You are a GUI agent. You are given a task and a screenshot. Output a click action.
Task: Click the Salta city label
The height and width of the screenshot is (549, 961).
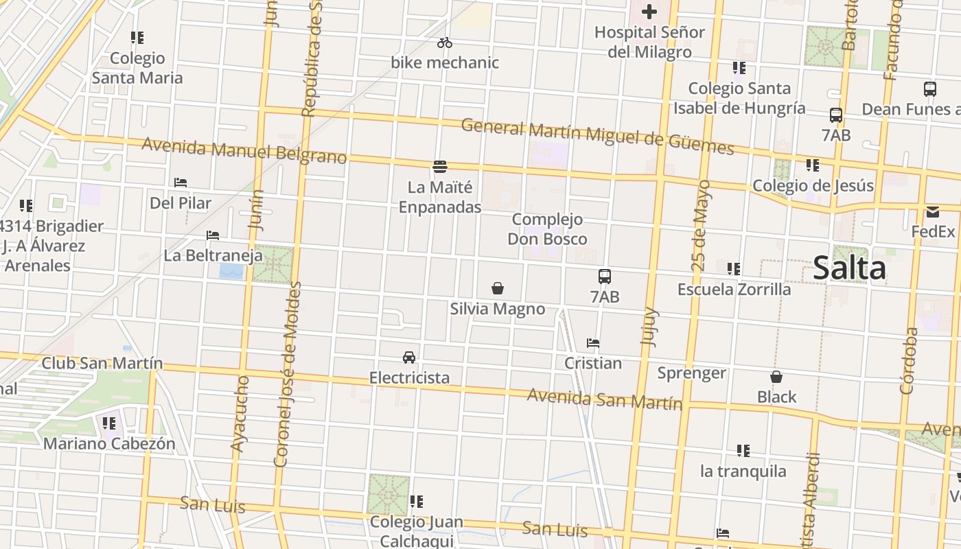(849, 268)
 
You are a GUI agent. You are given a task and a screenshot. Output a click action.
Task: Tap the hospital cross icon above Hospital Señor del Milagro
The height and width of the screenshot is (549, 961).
(649, 12)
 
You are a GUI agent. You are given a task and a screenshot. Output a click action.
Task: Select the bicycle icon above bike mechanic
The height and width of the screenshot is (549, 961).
(445, 43)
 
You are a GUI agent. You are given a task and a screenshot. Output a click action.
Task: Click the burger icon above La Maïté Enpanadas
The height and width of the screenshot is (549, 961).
(440, 167)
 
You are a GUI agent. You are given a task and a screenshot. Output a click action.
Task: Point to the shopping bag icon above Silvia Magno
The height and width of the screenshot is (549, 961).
(498, 288)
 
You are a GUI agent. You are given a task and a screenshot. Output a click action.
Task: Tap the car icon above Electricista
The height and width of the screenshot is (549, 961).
(409, 358)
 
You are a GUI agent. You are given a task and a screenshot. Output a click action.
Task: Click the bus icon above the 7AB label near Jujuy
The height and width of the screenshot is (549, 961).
(604, 277)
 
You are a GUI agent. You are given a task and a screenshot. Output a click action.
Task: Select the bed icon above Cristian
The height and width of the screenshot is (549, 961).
(593, 343)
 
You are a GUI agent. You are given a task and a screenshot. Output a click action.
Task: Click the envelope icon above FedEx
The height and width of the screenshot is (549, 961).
(933, 212)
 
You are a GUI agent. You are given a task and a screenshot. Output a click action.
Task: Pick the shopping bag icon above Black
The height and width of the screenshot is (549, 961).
(776, 377)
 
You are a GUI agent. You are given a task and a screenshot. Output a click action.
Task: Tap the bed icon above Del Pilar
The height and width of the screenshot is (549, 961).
(181, 183)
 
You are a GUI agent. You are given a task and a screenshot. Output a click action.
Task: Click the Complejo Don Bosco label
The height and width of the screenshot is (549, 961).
(547, 229)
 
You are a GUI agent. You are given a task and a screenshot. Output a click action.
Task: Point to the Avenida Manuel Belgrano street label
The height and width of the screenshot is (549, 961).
(244, 151)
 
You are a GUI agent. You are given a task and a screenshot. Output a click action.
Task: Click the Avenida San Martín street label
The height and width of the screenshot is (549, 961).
(604, 399)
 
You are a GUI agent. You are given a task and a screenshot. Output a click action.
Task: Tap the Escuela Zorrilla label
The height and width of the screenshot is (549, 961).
(734, 289)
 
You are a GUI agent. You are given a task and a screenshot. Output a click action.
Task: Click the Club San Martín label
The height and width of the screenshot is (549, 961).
(102, 363)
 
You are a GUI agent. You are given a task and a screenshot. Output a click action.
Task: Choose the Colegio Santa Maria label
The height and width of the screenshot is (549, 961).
(137, 68)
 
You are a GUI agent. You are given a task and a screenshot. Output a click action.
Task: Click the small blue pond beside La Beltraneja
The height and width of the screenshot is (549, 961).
(231, 271)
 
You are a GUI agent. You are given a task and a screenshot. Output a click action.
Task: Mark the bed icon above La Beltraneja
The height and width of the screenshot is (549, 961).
(213, 235)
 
